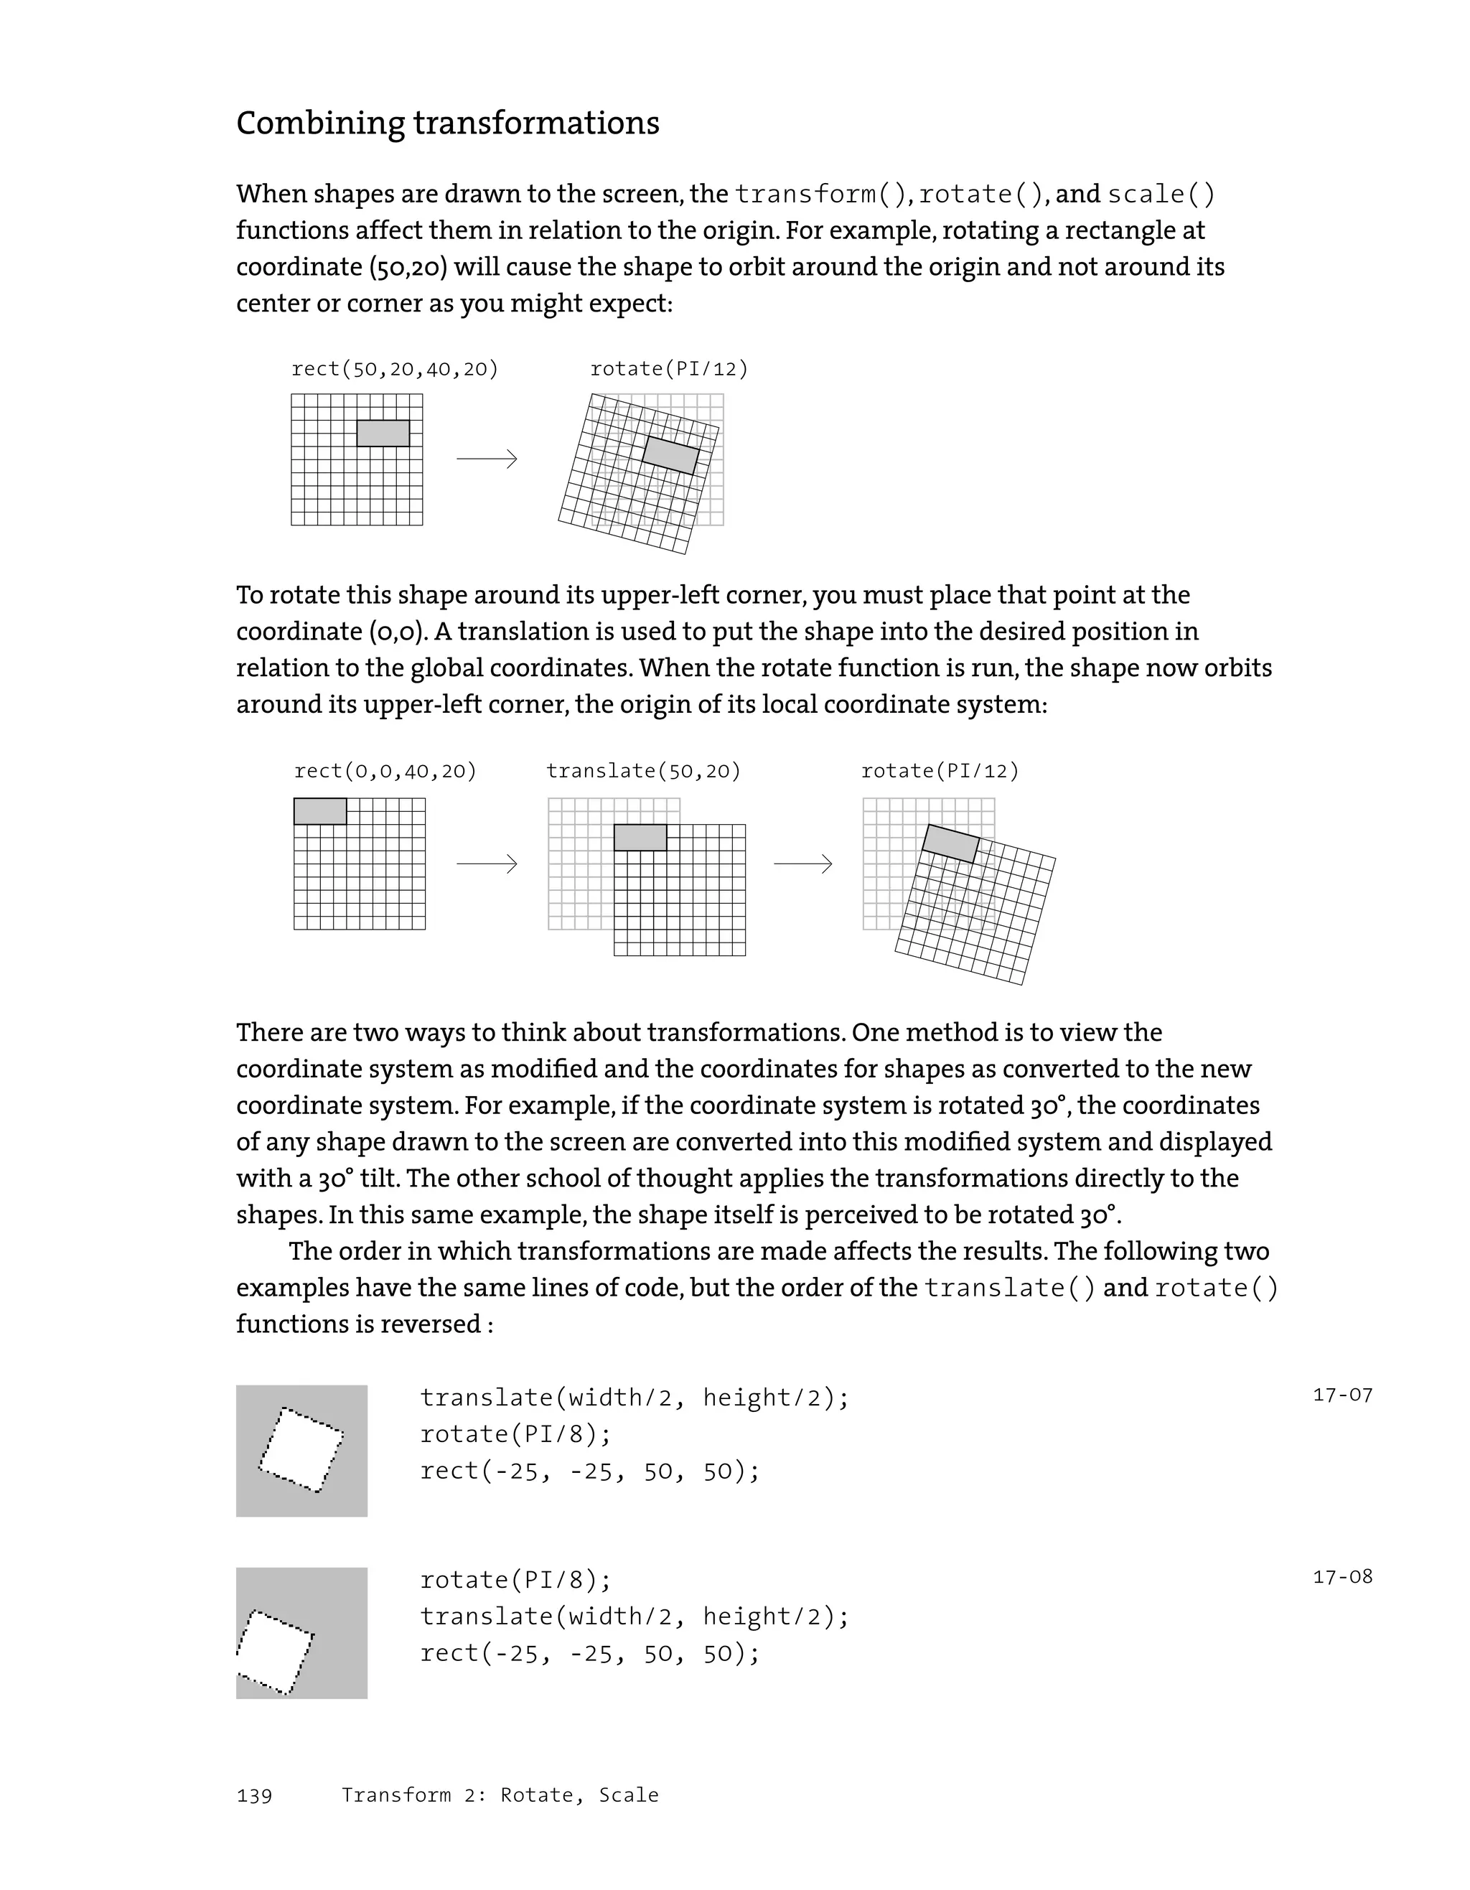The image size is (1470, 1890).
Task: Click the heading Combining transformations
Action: click(447, 123)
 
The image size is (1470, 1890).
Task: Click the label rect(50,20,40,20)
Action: click(395, 369)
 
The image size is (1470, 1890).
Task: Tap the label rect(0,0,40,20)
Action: click(385, 770)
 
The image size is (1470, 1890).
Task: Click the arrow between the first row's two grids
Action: click(486, 459)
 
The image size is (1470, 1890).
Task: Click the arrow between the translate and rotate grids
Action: click(803, 863)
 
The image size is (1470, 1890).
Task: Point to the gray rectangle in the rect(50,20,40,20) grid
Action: click(383, 434)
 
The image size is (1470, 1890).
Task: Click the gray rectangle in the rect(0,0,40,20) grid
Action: click(320, 811)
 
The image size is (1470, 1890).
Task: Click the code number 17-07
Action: click(1342, 1395)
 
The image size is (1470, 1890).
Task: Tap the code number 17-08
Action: click(1342, 1577)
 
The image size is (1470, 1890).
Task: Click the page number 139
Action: click(254, 1796)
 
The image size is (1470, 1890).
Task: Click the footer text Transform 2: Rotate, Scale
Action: click(500, 1795)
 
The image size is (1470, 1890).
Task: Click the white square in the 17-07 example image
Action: click(300, 1451)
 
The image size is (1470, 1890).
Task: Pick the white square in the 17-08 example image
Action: click(275, 1651)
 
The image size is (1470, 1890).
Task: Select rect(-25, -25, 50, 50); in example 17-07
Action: click(589, 1471)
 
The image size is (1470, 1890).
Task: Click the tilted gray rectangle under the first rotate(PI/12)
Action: click(670, 455)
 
